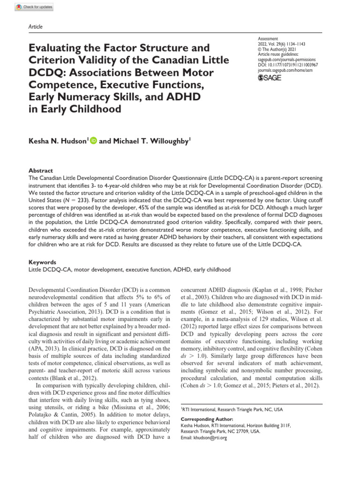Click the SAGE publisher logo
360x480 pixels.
click(x=270, y=77)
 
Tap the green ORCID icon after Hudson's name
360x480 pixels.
click(x=93, y=140)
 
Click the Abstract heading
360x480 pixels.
click(x=40, y=171)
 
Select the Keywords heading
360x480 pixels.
click(x=42, y=262)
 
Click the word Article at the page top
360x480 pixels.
click(x=36, y=27)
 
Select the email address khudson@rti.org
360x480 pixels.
click(x=211, y=438)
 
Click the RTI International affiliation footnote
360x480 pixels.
click(x=232, y=409)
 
